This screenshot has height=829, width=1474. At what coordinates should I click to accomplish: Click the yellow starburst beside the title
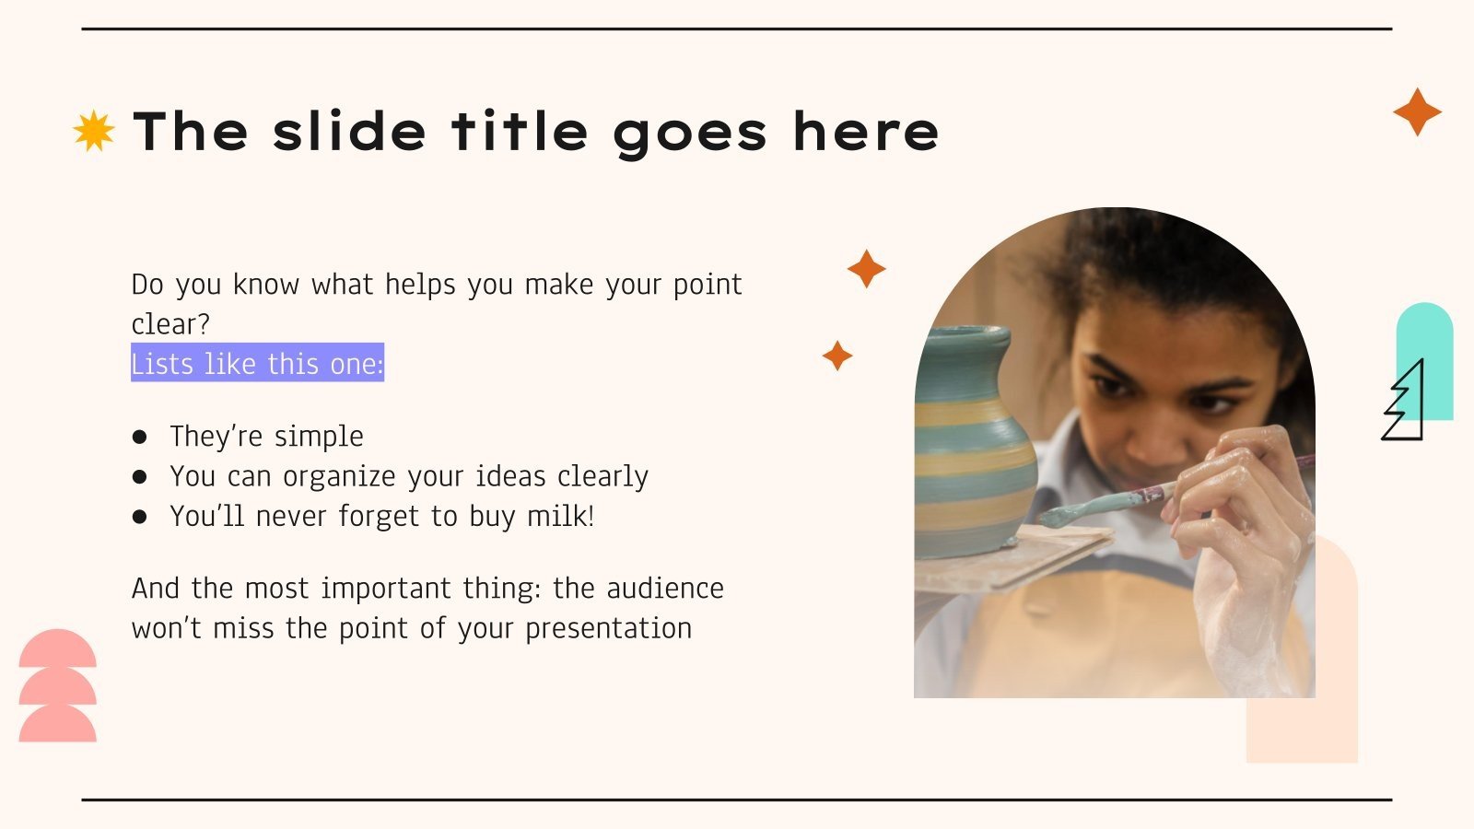[x=94, y=131]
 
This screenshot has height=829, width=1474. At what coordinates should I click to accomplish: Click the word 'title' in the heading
[x=520, y=131]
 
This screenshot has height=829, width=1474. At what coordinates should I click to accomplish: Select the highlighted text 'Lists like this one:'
[x=257, y=364]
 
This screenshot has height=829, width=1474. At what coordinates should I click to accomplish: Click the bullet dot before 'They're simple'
[x=140, y=437]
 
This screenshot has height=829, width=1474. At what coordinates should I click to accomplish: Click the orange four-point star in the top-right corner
[x=1417, y=112]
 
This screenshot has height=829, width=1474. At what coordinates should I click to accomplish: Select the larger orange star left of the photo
[x=866, y=269]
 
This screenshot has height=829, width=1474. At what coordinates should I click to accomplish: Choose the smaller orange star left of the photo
[x=837, y=356]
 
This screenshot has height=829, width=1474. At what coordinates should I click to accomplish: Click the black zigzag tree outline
[x=1405, y=403]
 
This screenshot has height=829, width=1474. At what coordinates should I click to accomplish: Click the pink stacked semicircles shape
[x=57, y=686]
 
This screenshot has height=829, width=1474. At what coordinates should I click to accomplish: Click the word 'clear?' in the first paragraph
[x=170, y=324]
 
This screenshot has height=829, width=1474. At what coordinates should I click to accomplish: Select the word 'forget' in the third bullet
[x=380, y=516]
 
